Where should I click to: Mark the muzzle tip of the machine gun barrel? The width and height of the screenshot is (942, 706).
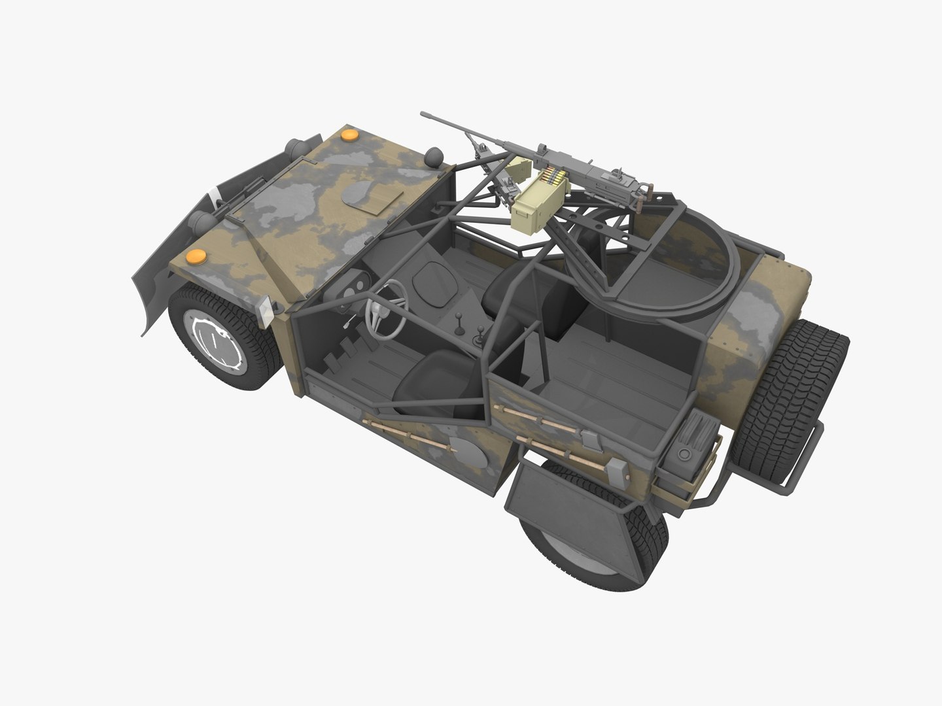(423, 115)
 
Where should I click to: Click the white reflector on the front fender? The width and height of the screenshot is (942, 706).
(266, 312)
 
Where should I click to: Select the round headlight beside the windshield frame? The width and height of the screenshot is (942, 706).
(434, 157)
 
